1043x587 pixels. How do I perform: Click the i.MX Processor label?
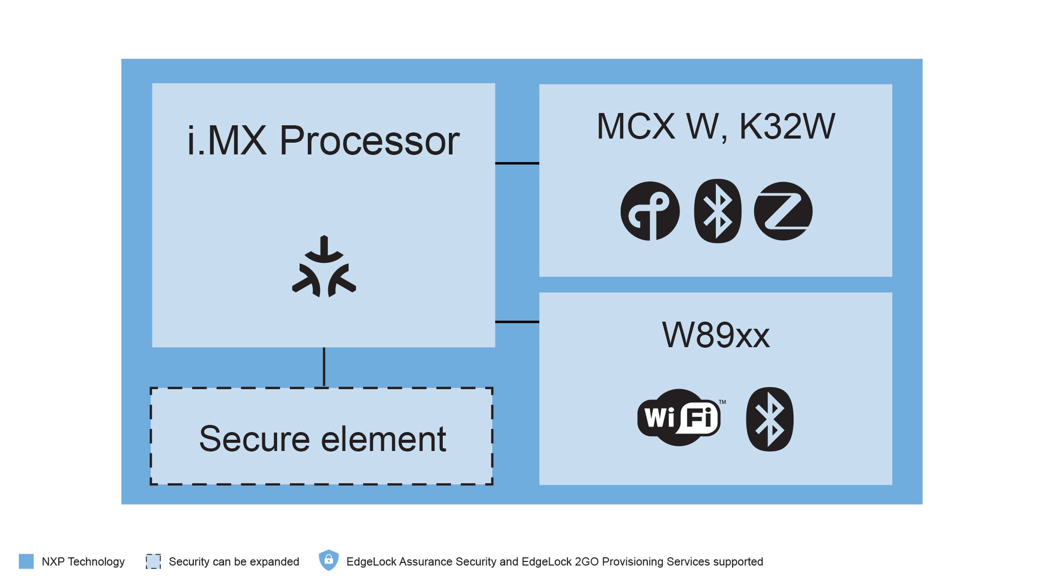point(323,141)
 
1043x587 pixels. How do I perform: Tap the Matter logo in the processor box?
point(324,267)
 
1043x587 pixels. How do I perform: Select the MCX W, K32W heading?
point(715,126)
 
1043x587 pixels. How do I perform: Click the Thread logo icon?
point(650,211)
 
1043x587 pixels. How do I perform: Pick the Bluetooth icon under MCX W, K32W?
point(717,211)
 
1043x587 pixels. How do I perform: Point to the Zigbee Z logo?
point(783,211)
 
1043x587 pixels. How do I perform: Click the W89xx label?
point(715,335)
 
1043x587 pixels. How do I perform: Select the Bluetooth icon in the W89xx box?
point(769,419)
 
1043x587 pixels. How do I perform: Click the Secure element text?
point(322,439)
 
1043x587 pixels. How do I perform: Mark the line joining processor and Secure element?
point(324,367)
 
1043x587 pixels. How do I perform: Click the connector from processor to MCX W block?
point(517,163)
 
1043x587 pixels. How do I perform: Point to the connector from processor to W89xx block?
point(517,322)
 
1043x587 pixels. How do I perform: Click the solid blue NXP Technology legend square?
point(26,561)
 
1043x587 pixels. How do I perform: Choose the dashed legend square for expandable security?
point(153,561)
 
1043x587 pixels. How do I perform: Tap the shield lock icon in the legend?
point(329,560)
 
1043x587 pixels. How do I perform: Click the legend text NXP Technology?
point(83,562)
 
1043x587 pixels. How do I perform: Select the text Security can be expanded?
point(234,562)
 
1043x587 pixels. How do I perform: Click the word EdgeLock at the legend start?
point(371,562)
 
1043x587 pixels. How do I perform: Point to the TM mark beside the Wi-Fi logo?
point(722,402)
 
